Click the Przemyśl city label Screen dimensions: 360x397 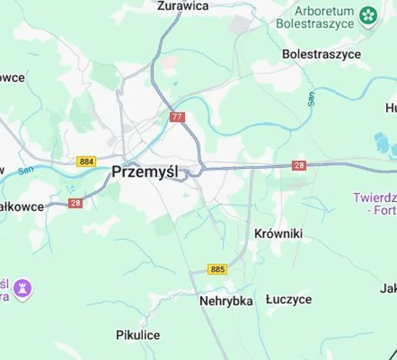point(144,172)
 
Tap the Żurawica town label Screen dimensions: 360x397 point(183,6)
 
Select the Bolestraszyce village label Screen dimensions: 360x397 point(322,54)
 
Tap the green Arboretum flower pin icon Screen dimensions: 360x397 point(369,15)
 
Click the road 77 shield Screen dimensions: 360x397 point(177,117)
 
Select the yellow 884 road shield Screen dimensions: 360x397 point(86,162)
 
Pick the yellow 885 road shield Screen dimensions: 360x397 point(217,269)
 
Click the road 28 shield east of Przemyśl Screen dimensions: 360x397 point(299,166)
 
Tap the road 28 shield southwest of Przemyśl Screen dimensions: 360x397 point(75,203)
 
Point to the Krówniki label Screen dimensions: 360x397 point(278,233)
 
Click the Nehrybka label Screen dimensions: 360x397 point(226,301)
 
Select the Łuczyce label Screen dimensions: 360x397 point(289,299)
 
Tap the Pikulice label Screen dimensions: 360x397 point(138,335)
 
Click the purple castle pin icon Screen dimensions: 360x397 point(23,288)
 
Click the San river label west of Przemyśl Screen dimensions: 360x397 point(25,171)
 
